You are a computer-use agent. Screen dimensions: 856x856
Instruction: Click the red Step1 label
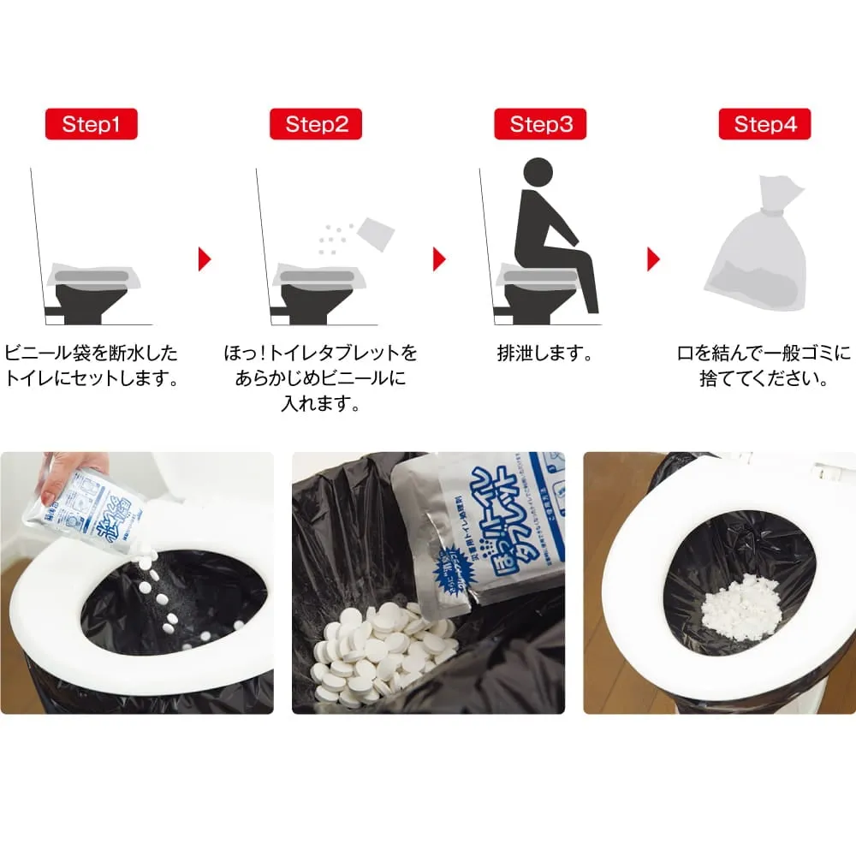pyautogui.click(x=91, y=124)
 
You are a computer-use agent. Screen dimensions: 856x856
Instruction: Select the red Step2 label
pyautogui.click(x=317, y=124)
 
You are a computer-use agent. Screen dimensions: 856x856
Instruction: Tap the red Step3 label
pyautogui.click(x=541, y=124)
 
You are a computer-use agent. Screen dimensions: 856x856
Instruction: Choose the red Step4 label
pyautogui.click(x=764, y=124)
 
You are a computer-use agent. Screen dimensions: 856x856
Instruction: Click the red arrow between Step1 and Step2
pyautogui.click(x=204, y=259)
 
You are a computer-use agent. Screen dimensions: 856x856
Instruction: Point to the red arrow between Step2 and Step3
pyautogui.click(x=439, y=259)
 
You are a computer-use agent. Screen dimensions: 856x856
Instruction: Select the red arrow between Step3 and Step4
pyautogui.click(x=653, y=259)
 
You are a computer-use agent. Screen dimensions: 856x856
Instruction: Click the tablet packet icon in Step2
pyautogui.click(x=375, y=232)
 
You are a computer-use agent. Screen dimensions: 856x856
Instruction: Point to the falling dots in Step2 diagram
pyautogui.click(x=332, y=239)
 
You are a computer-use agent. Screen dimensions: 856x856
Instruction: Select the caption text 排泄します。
pyautogui.click(x=545, y=353)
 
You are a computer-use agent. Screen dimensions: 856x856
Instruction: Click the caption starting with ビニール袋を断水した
pyautogui.click(x=92, y=353)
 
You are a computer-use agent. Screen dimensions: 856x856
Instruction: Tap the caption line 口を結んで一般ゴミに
pyautogui.click(x=764, y=353)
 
